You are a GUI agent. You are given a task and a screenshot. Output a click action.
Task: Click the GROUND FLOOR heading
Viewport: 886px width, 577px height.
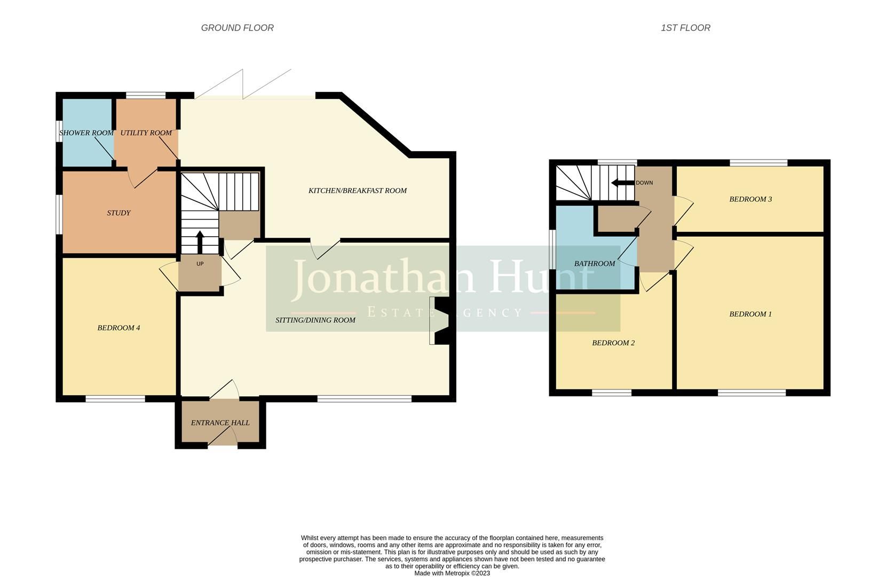coord(237,28)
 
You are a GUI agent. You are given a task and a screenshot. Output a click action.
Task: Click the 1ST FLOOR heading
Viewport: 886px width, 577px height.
coord(685,28)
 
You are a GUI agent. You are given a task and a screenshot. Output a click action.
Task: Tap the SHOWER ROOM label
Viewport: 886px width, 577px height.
coord(86,132)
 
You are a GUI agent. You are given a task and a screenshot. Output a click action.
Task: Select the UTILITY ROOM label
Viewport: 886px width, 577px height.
coord(146,132)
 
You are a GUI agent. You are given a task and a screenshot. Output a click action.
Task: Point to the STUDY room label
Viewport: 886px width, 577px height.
coord(118,213)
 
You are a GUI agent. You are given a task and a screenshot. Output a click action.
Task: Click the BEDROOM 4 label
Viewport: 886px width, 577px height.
coord(118,328)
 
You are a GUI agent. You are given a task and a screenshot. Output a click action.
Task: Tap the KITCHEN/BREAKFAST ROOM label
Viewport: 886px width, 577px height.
coord(358,190)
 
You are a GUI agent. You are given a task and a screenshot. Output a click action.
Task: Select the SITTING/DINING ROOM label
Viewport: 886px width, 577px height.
coord(315,320)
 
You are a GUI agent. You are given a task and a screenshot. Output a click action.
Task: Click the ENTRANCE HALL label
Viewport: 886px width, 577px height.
coord(220,423)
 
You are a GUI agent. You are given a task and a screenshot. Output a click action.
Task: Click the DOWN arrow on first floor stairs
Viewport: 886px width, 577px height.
coord(622,183)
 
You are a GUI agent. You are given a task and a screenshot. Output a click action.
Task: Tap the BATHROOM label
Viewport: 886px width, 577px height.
coord(595,263)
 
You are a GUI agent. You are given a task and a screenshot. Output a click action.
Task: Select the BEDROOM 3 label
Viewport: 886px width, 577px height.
coord(750,199)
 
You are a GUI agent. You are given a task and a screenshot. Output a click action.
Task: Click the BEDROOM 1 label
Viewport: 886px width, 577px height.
coord(750,314)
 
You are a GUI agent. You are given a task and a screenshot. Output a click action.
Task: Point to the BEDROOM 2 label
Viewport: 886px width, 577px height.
coord(613,343)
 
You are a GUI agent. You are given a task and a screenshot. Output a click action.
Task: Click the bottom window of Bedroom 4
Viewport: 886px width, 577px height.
coord(115,399)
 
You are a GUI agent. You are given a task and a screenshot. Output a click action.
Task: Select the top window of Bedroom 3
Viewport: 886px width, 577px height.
coord(758,162)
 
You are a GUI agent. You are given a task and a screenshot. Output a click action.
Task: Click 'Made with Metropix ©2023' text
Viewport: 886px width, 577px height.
coord(452,573)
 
